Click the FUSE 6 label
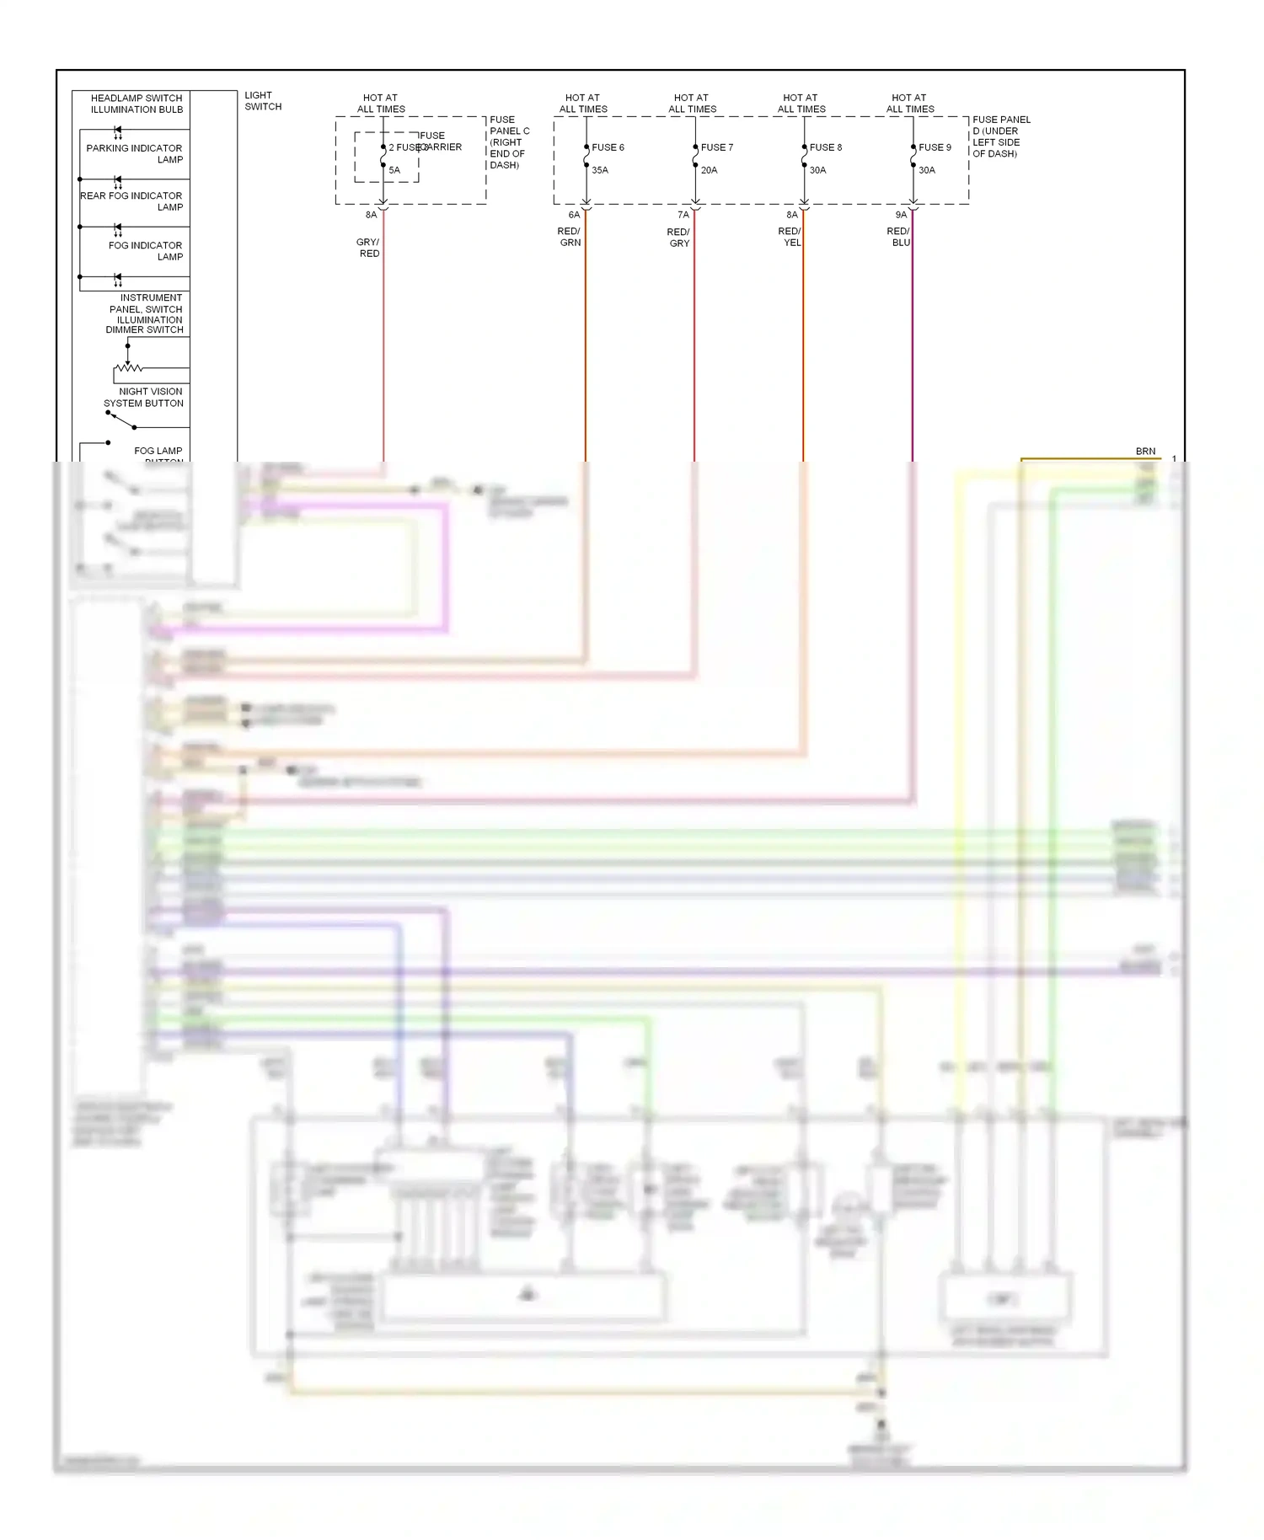click(608, 147)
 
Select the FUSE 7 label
click(716, 147)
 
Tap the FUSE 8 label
click(825, 147)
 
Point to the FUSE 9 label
click(935, 147)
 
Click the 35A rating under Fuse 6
click(600, 170)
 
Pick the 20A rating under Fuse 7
click(709, 170)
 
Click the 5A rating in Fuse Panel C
click(394, 170)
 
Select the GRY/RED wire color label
click(368, 248)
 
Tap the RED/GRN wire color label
click(570, 237)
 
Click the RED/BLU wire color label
click(898, 237)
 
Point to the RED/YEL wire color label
click(790, 237)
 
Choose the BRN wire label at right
click(1145, 452)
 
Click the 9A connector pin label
click(901, 215)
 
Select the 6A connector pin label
click(574, 215)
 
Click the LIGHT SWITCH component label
click(263, 101)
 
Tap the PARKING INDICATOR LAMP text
click(135, 153)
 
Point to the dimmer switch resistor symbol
click(129, 368)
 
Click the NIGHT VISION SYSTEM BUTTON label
click(144, 398)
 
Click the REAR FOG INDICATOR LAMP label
click(132, 201)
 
